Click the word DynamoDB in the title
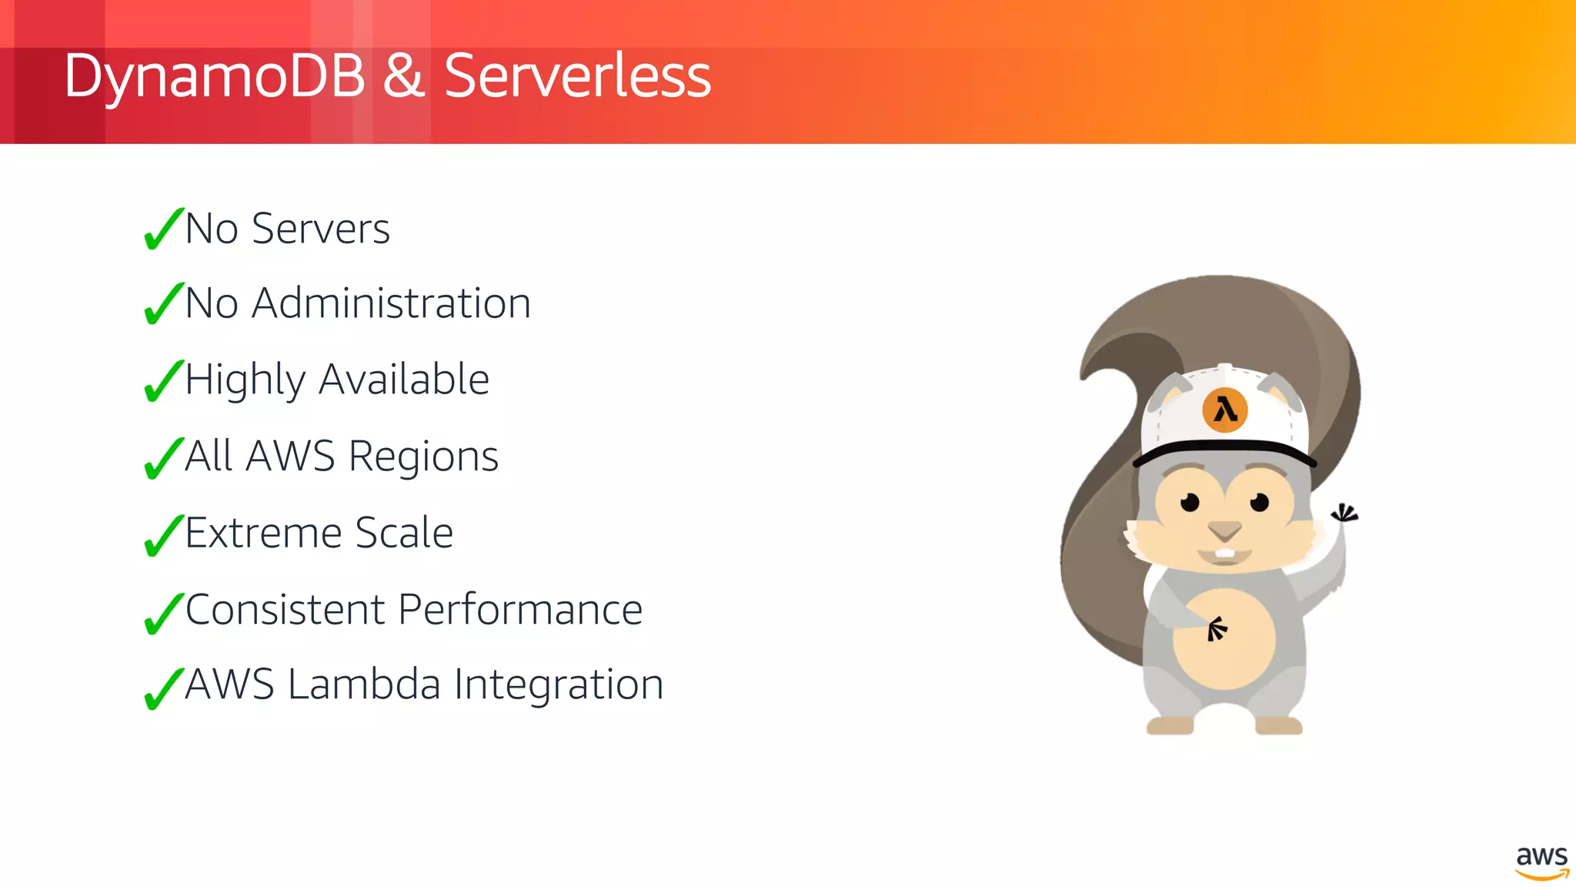point(214,77)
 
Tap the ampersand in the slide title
point(404,75)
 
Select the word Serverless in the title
point(577,75)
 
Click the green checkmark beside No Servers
point(163,229)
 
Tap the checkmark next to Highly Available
point(163,381)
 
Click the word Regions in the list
point(423,456)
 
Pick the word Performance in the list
point(521,610)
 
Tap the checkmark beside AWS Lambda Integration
point(163,688)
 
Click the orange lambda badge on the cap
point(1224,410)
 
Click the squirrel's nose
point(1224,531)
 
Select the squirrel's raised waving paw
point(1344,514)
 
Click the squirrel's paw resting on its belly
point(1216,629)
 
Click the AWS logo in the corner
point(1541,862)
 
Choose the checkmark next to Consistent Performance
point(163,613)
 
